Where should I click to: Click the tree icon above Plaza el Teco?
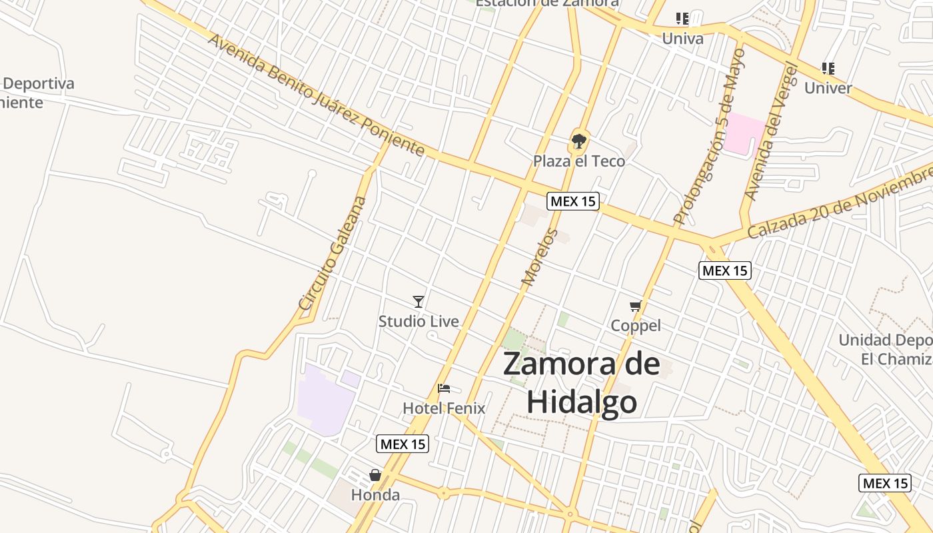[x=578, y=141]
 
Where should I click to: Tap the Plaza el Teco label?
[x=578, y=161]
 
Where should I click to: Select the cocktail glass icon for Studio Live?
[x=419, y=302]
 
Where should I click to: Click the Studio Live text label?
[x=419, y=321]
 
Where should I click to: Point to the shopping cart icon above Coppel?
[x=636, y=306]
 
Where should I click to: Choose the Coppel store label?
[x=636, y=326]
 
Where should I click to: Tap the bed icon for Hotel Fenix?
[x=444, y=388]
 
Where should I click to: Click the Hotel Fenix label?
[x=444, y=408]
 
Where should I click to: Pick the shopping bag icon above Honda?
[x=375, y=475]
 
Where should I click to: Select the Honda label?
[x=375, y=495]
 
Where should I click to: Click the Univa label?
[x=682, y=39]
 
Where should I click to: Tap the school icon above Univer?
[x=828, y=69]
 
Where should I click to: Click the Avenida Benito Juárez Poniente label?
[x=316, y=95]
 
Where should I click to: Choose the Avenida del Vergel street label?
[x=770, y=131]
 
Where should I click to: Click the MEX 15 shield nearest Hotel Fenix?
[x=403, y=444]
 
